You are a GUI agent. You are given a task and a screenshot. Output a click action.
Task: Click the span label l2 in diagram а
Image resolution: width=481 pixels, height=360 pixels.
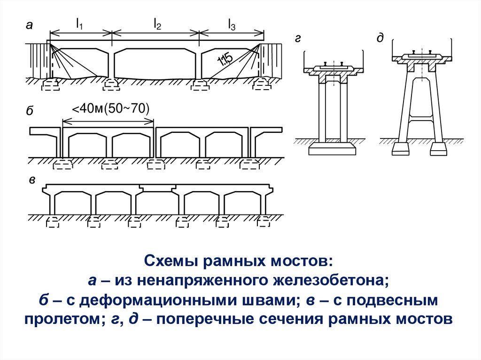[x=157, y=24]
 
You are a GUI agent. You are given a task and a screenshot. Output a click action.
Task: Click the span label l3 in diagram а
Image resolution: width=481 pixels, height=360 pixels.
[x=232, y=24]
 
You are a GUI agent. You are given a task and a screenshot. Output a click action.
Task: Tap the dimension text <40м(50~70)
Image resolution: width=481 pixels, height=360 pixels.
[x=110, y=109]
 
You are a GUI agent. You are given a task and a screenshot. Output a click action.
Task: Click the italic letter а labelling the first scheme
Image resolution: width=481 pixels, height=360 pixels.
[x=29, y=26]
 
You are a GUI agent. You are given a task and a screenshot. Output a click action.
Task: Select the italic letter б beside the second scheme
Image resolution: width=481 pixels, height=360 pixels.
[x=29, y=111]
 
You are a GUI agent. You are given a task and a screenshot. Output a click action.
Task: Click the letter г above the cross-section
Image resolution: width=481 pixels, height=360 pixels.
[x=298, y=39]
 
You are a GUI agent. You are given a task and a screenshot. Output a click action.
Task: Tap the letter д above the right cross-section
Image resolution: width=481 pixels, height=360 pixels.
[x=379, y=38]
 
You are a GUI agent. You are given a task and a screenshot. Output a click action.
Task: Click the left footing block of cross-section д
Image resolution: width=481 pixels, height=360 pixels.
[x=400, y=149]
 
